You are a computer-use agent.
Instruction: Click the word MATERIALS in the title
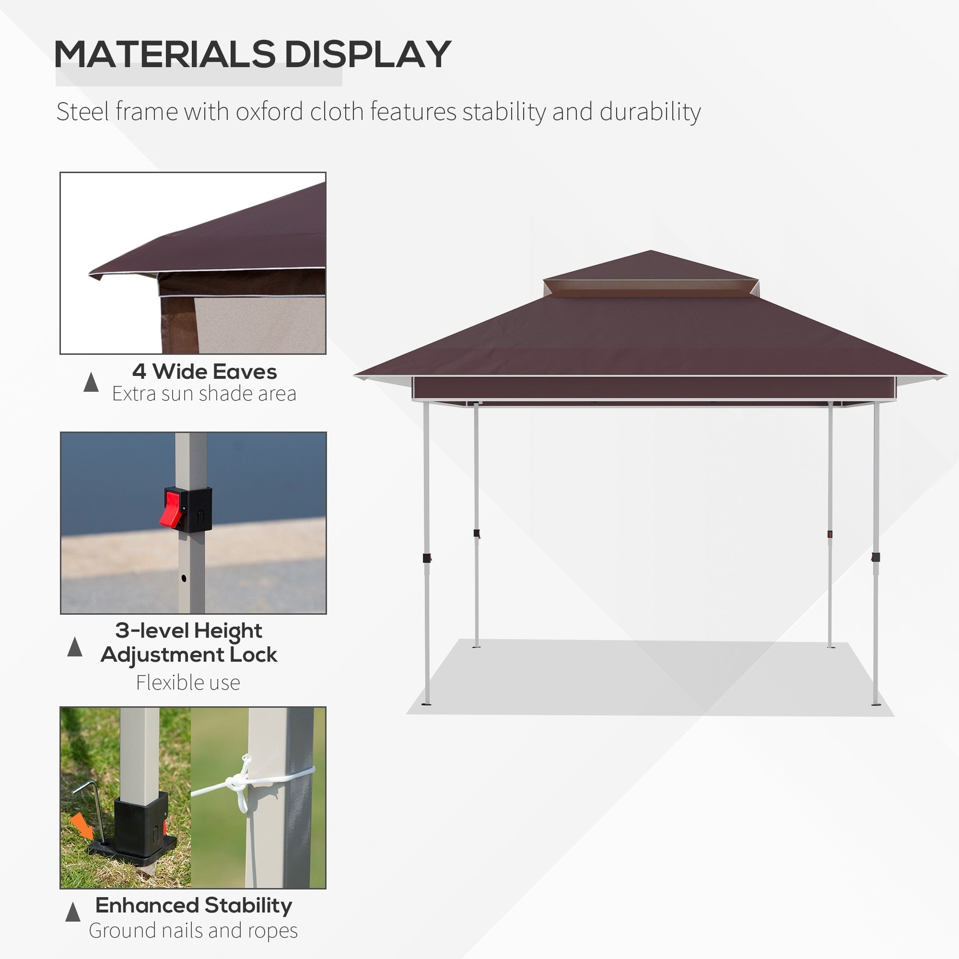pyautogui.click(x=164, y=54)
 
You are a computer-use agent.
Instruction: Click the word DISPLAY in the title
pyautogui.click(x=367, y=54)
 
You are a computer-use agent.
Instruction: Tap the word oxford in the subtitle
pyautogui.click(x=269, y=112)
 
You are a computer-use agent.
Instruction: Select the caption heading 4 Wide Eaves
pyautogui.click(x=205, y=371)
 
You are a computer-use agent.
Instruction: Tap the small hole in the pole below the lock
pyautogui.click(x=184, y=578)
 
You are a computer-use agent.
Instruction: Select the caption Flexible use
pyautogui.click(x=188, y=682)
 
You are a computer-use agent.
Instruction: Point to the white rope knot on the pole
pyautogui.click(x=237, y=784)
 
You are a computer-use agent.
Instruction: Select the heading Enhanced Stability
pyautogui.click(x=194, y=905)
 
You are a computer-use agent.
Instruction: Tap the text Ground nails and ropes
pyautogui.click(x=193, y=930)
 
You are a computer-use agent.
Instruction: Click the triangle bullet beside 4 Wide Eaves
pyautogui.click(x=91, y=382)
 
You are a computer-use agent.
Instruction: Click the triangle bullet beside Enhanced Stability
pyautogui.click(x=73, y=912)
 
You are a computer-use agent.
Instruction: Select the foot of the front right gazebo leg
pyautogui.click(x=876, y=703)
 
